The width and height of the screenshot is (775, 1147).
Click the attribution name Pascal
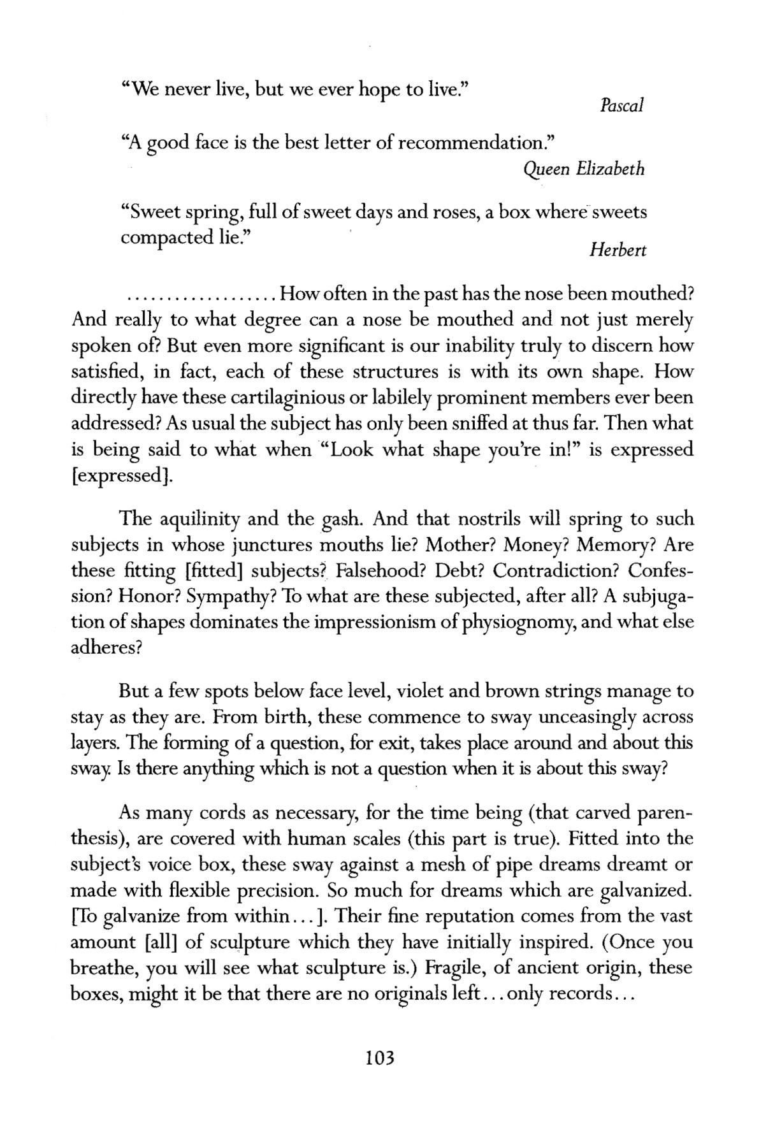621,105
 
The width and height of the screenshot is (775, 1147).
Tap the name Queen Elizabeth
583,169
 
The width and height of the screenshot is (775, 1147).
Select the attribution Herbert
618,250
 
